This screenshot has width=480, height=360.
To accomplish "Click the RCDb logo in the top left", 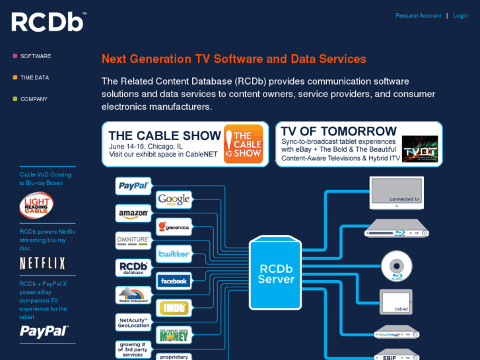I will click(x=48, y=22).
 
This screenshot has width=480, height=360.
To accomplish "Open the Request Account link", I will click(x=418, y=16).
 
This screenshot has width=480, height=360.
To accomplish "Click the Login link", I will click(x=460, y=16).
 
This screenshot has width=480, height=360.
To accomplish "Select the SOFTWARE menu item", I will click(x=36, y=56).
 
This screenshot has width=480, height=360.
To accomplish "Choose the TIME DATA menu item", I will click(x=34, y=78).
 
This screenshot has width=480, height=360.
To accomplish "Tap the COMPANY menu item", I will click(x=34, y=99).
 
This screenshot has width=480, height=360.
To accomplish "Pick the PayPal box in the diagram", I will click(x=134, y=186).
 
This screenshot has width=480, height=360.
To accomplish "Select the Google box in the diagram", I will click(x=174, y=199).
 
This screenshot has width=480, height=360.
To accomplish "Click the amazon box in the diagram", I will click(x=134, y=213).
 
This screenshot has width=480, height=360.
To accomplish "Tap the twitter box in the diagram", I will click(x=174, y=254).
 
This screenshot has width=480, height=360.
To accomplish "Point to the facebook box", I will click(x=174, y=281).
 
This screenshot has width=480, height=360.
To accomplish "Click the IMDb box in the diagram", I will click(x=174, y=308).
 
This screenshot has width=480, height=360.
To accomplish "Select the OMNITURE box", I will click(x=134, y=240).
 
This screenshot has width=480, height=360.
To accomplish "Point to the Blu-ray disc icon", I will click(x=397, y=266).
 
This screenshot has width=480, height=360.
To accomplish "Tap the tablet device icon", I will click(x=396, y=302).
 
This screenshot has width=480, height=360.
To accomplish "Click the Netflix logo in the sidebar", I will click(x=43, y=264).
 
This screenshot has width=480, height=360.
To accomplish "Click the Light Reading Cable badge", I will click(x=36, y=205).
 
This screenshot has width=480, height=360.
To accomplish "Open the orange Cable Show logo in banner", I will click(x=243, y=144).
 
